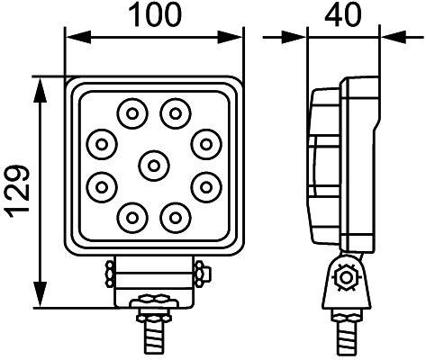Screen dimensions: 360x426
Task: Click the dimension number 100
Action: [x=156, y=15]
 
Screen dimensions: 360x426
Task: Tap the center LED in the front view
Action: [x=154, y=164]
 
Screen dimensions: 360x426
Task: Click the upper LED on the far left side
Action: [x=102, y=142]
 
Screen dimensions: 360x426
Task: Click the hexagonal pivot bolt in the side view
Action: [x=342, y=277]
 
